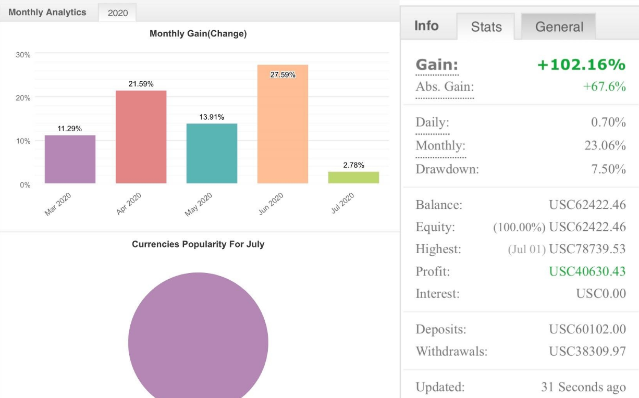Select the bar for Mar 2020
tap(70, 159)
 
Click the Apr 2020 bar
tap(141, 136)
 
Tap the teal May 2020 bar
tap(212, 153)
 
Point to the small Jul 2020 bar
tap(353, 177)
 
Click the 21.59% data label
tap(141, 84)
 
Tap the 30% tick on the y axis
tap(23, 55)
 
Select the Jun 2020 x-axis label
tap(271, 204)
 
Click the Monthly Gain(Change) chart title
tap(198, 34)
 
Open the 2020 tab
tap(117, 13)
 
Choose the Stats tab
tap(486, 27)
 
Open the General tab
tap(559, 27)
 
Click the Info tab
tap(426, 26)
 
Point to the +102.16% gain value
tap(581, 65)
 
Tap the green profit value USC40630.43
tap(587, 271)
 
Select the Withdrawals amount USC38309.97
tap(587, 351)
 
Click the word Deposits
tap(441, 329)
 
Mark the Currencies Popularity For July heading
tap(198, 244)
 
